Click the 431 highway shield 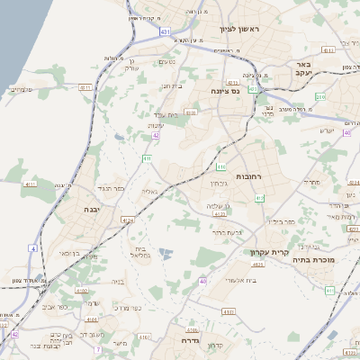(165, 31)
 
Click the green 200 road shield (320, 96)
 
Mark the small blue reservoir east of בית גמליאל (166, 256)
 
